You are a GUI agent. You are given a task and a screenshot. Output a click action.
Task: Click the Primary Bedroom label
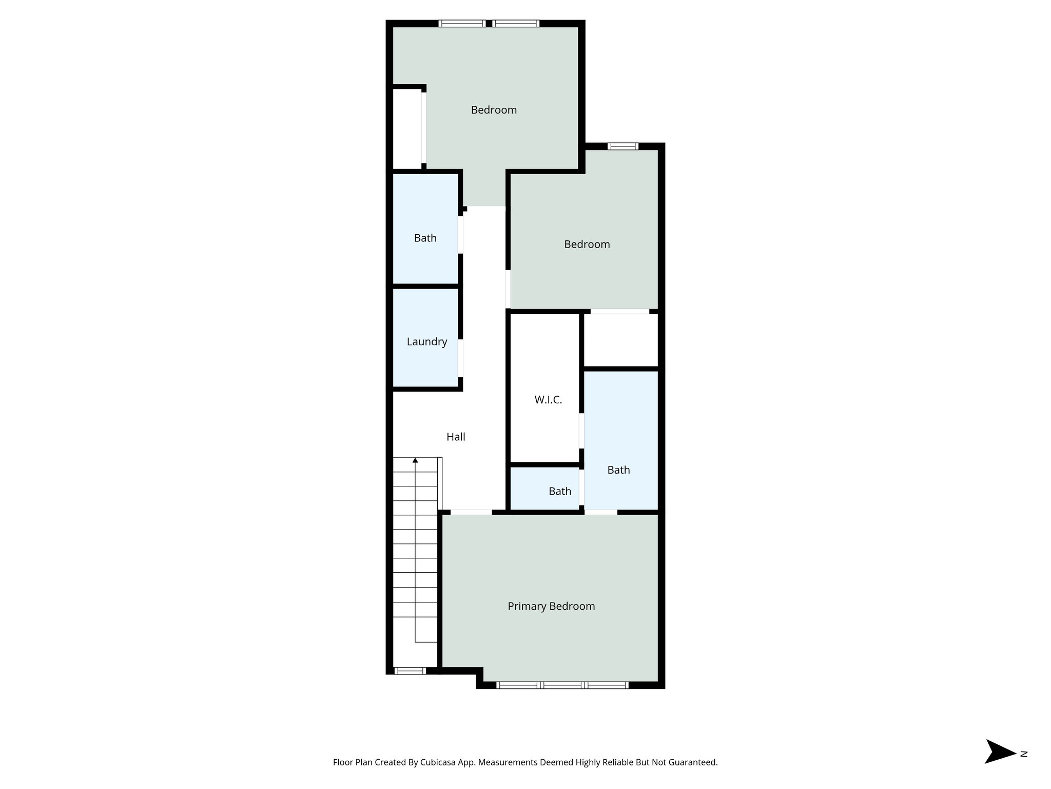click(x=551, y=606)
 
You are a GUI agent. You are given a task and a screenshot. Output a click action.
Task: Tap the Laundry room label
click(x=426, y=342)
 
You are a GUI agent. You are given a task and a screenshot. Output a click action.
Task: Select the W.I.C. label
click(x=548, y=400)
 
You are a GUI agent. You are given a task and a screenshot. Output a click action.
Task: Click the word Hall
click(x=456, y=437)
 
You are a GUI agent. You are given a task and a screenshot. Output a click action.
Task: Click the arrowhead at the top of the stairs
click(x=415, y=460)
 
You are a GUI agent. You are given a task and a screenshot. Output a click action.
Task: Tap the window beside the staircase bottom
click(x=410, y=670)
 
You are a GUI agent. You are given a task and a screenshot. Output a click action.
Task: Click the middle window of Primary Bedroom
click(x=562, y=685)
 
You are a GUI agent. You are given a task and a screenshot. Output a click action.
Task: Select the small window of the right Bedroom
click(x=623, y=146)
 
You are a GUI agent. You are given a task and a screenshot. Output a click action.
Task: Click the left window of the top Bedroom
click(x=462, y=24)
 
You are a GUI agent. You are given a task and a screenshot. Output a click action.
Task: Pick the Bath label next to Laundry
click(x=425, y=238)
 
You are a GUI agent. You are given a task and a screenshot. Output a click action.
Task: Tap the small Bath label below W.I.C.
click(x=559, y=491)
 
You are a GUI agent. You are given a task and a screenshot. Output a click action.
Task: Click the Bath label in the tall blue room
click(x=618, y=469)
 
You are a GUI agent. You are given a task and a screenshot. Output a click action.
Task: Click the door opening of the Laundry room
click(x=460, y=358)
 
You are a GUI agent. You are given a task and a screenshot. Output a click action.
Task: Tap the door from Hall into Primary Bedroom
click(x=471, y=512)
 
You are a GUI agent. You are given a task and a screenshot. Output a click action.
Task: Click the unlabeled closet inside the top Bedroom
click(x=407, y=128)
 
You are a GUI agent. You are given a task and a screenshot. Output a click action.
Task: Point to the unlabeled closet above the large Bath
click(x=621, y=340)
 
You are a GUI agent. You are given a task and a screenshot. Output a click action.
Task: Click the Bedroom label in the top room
click(x=494, y=110)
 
